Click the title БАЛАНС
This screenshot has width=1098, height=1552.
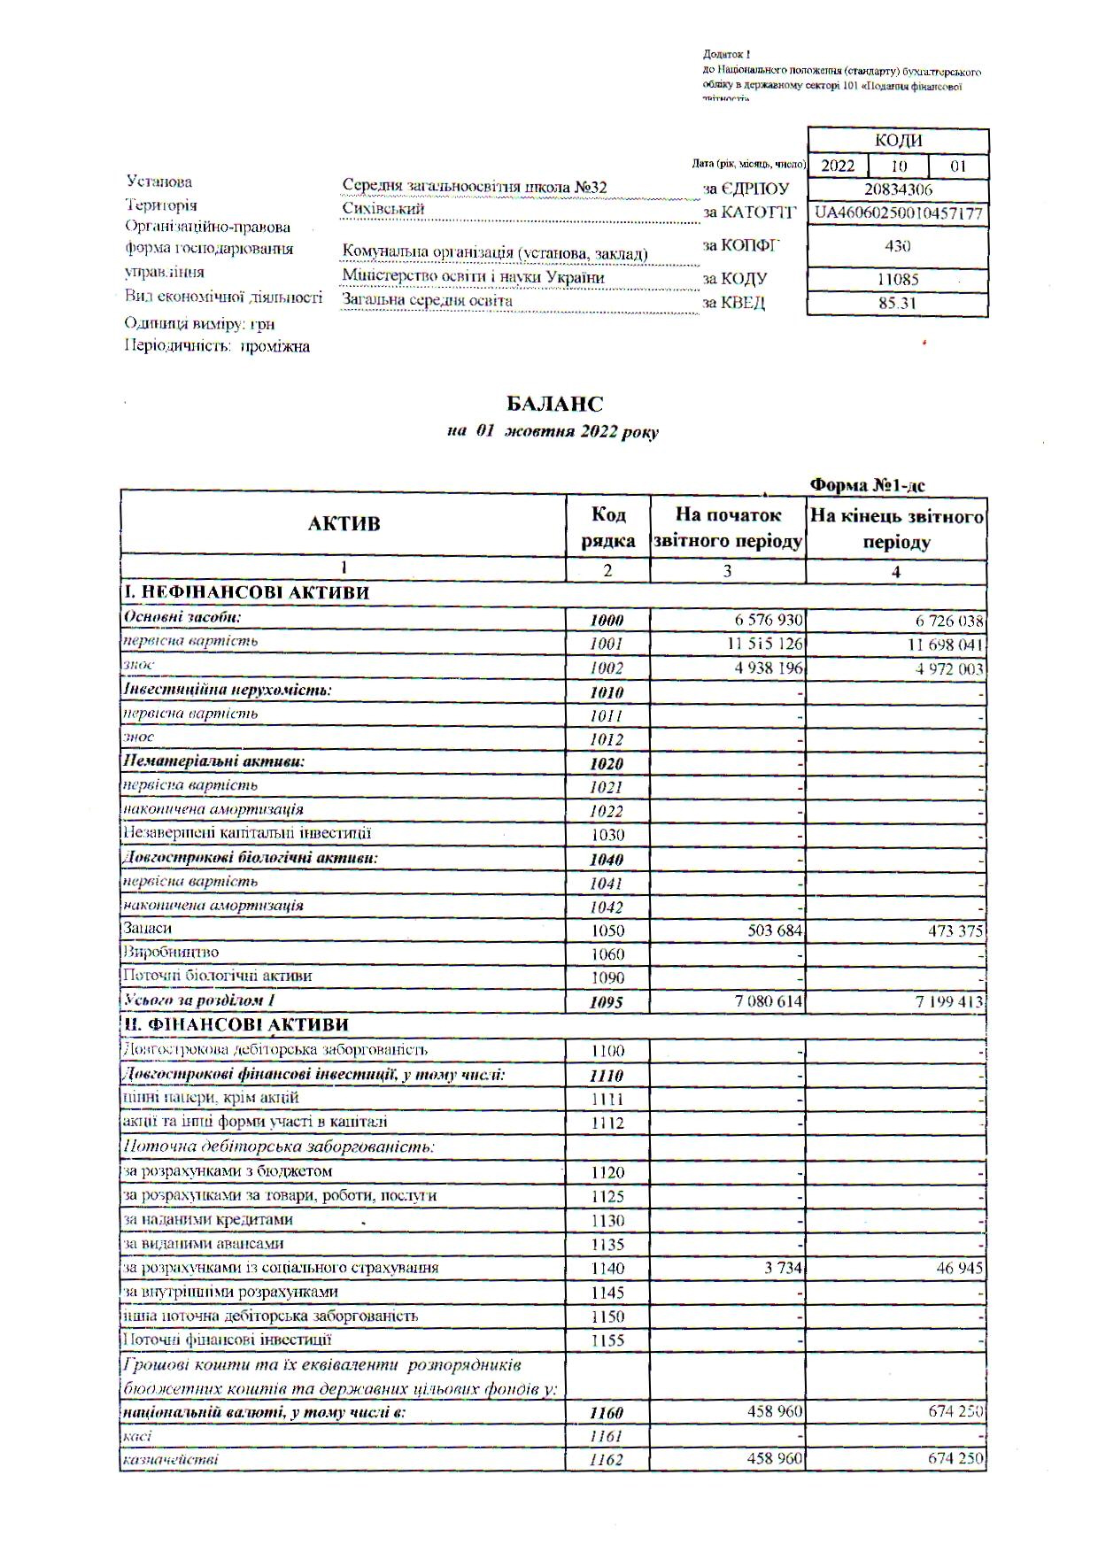(x=554, y=404)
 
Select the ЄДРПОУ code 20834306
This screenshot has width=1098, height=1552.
(x=898, y=189)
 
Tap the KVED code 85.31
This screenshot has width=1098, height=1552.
(x=898, y=303)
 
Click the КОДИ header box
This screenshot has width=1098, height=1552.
(x=898, y=141)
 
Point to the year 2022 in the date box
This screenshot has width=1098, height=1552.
(x=838, y=166)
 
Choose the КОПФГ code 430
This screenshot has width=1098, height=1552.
(x=898, y=245)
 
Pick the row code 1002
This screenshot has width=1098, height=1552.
(x=607, y=668)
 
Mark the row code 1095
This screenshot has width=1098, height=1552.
(x=607, y=1002)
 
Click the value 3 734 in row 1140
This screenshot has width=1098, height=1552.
(x=784, y=1268)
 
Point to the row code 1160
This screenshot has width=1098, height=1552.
(x=607, y=1413)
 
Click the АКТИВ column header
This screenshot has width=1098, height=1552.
(x=344, y=523)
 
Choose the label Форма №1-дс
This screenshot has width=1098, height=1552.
(x=868, y=484)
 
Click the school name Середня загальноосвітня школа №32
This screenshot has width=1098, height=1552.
(x=475, y=187)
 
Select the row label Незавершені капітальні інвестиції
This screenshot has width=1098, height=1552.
(x=247, y=833)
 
